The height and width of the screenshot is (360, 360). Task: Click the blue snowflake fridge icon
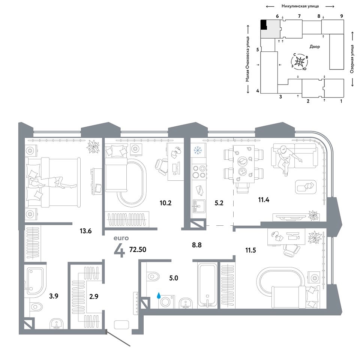[198, 150]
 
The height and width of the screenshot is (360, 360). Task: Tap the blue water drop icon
[158, 295]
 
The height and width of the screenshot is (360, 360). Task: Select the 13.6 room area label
[85, 231]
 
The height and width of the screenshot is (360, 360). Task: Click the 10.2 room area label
[165, 203]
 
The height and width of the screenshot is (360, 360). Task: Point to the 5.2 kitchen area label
[219, 203]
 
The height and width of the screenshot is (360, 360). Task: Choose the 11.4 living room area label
[264, 200]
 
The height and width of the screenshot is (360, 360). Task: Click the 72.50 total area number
[138, 249]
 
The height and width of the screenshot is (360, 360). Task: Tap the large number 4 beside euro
[119, 250]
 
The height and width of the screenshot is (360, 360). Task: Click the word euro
[121, 238]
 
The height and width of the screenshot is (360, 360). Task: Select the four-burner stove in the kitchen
[199, 172]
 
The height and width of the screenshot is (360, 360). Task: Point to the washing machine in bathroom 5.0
[166, 301]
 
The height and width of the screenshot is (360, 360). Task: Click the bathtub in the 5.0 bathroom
[207, 286]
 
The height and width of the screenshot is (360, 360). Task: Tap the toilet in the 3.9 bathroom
[36, 306]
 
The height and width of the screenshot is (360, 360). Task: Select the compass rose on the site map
[300, 61]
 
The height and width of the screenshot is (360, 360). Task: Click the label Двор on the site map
[315, 46]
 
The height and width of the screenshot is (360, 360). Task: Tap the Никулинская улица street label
[300, 6]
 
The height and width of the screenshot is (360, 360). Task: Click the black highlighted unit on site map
[264, 25]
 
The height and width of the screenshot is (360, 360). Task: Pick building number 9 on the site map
[342, 16]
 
